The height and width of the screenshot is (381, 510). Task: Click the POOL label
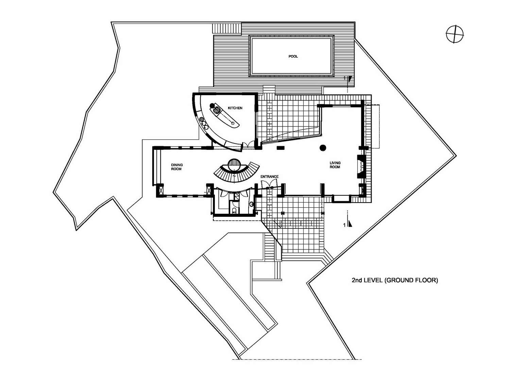tap(293, 56)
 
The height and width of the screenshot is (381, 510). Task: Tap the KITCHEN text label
tap(235, 108)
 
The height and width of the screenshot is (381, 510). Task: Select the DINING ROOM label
tap(177, 167)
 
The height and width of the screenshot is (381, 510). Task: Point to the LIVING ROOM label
tap(335, 165)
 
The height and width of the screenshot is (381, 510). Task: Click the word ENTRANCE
tap(269, 177)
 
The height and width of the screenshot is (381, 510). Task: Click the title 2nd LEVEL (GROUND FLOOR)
tap(394, 280)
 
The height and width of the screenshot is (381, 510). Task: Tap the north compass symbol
tap(455, 34)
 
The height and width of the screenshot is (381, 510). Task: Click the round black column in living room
tap(323, 148)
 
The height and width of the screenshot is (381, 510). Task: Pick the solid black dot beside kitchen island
tap(212, 106)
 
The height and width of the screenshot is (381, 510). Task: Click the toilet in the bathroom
tap(235, 210)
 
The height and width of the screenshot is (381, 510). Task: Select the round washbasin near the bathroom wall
tap(252, 204)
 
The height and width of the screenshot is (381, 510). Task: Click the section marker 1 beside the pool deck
tap(348, 79)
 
